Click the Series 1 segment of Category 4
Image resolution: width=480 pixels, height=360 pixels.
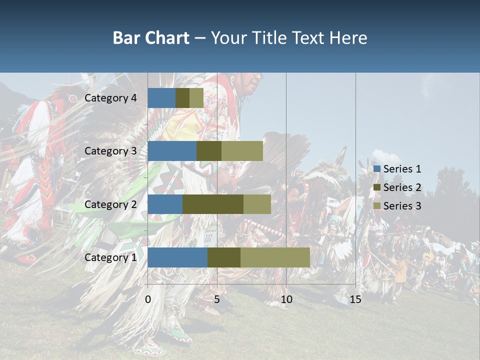click(161, 98)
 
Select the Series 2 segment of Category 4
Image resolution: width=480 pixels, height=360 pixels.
click(182, 98)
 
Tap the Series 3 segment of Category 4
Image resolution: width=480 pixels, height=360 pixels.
click(196, 98)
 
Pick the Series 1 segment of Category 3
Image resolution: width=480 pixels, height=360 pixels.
click(172, 151)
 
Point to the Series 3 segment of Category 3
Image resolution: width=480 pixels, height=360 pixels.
click(242, 151)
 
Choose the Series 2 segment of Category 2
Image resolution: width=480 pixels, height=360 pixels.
click(213, 204)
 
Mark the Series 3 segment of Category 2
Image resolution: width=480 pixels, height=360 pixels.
click(257, 204)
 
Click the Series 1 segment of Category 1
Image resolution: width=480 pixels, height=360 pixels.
click(177, 257)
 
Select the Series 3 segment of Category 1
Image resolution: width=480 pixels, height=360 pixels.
click(275, 257)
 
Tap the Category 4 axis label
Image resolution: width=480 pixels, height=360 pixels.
click(110, 98)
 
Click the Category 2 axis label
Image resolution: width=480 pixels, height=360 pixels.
click(110, 204)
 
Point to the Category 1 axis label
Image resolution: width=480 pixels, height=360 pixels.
click(110, 257)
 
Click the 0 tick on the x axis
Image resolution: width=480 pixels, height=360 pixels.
click(148, 299)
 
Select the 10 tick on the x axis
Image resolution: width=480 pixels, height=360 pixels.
click(286, 299)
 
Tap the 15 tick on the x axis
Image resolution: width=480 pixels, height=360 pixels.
click(355, 299)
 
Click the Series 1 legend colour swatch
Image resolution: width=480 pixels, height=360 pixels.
click(377, 169)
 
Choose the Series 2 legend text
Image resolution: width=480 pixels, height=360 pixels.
click(402, 187)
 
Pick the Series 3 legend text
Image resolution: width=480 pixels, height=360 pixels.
click(402, 206)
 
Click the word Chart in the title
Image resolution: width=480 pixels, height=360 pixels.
click(168, 38)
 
